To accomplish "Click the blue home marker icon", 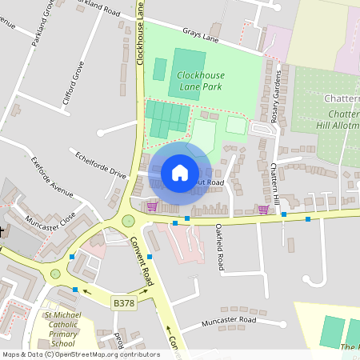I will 180,173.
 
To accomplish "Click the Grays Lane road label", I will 200,36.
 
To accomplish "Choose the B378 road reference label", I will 123,303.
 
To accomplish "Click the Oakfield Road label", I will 219,248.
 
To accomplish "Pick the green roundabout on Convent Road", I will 128,221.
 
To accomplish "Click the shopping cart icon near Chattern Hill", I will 263,210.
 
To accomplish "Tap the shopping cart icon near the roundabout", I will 152,206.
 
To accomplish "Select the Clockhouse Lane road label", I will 140,32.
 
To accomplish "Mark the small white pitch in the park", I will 236,125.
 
